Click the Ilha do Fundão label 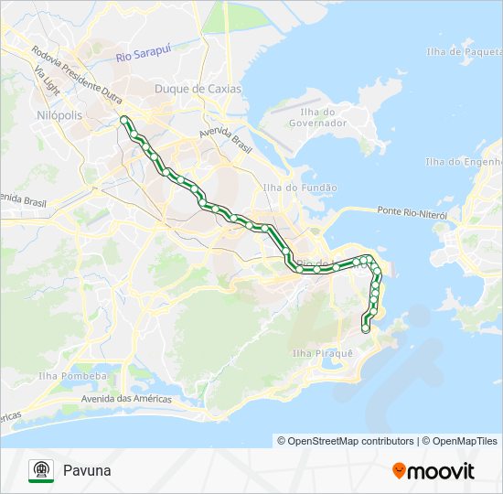[x=300, y=188]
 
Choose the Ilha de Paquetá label [x=462, y=51]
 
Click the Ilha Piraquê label [x=322, y=353]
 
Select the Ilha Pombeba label [x=73, y=376]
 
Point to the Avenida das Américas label [x=126, y=399]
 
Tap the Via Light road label [x=47, y=82]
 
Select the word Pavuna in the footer [x=87, y=470]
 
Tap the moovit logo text [x=441, y=471]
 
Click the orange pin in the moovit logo [x=399, y=471]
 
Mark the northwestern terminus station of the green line [x=123, y=119]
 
